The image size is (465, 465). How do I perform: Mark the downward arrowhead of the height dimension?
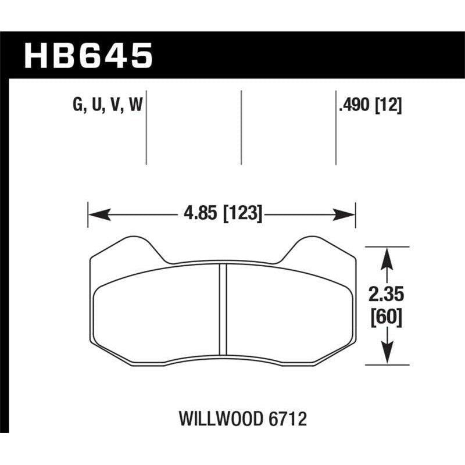387,356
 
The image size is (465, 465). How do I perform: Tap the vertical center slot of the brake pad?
222,308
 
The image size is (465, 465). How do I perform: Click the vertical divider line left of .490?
336,128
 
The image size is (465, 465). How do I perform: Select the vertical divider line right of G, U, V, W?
146,128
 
